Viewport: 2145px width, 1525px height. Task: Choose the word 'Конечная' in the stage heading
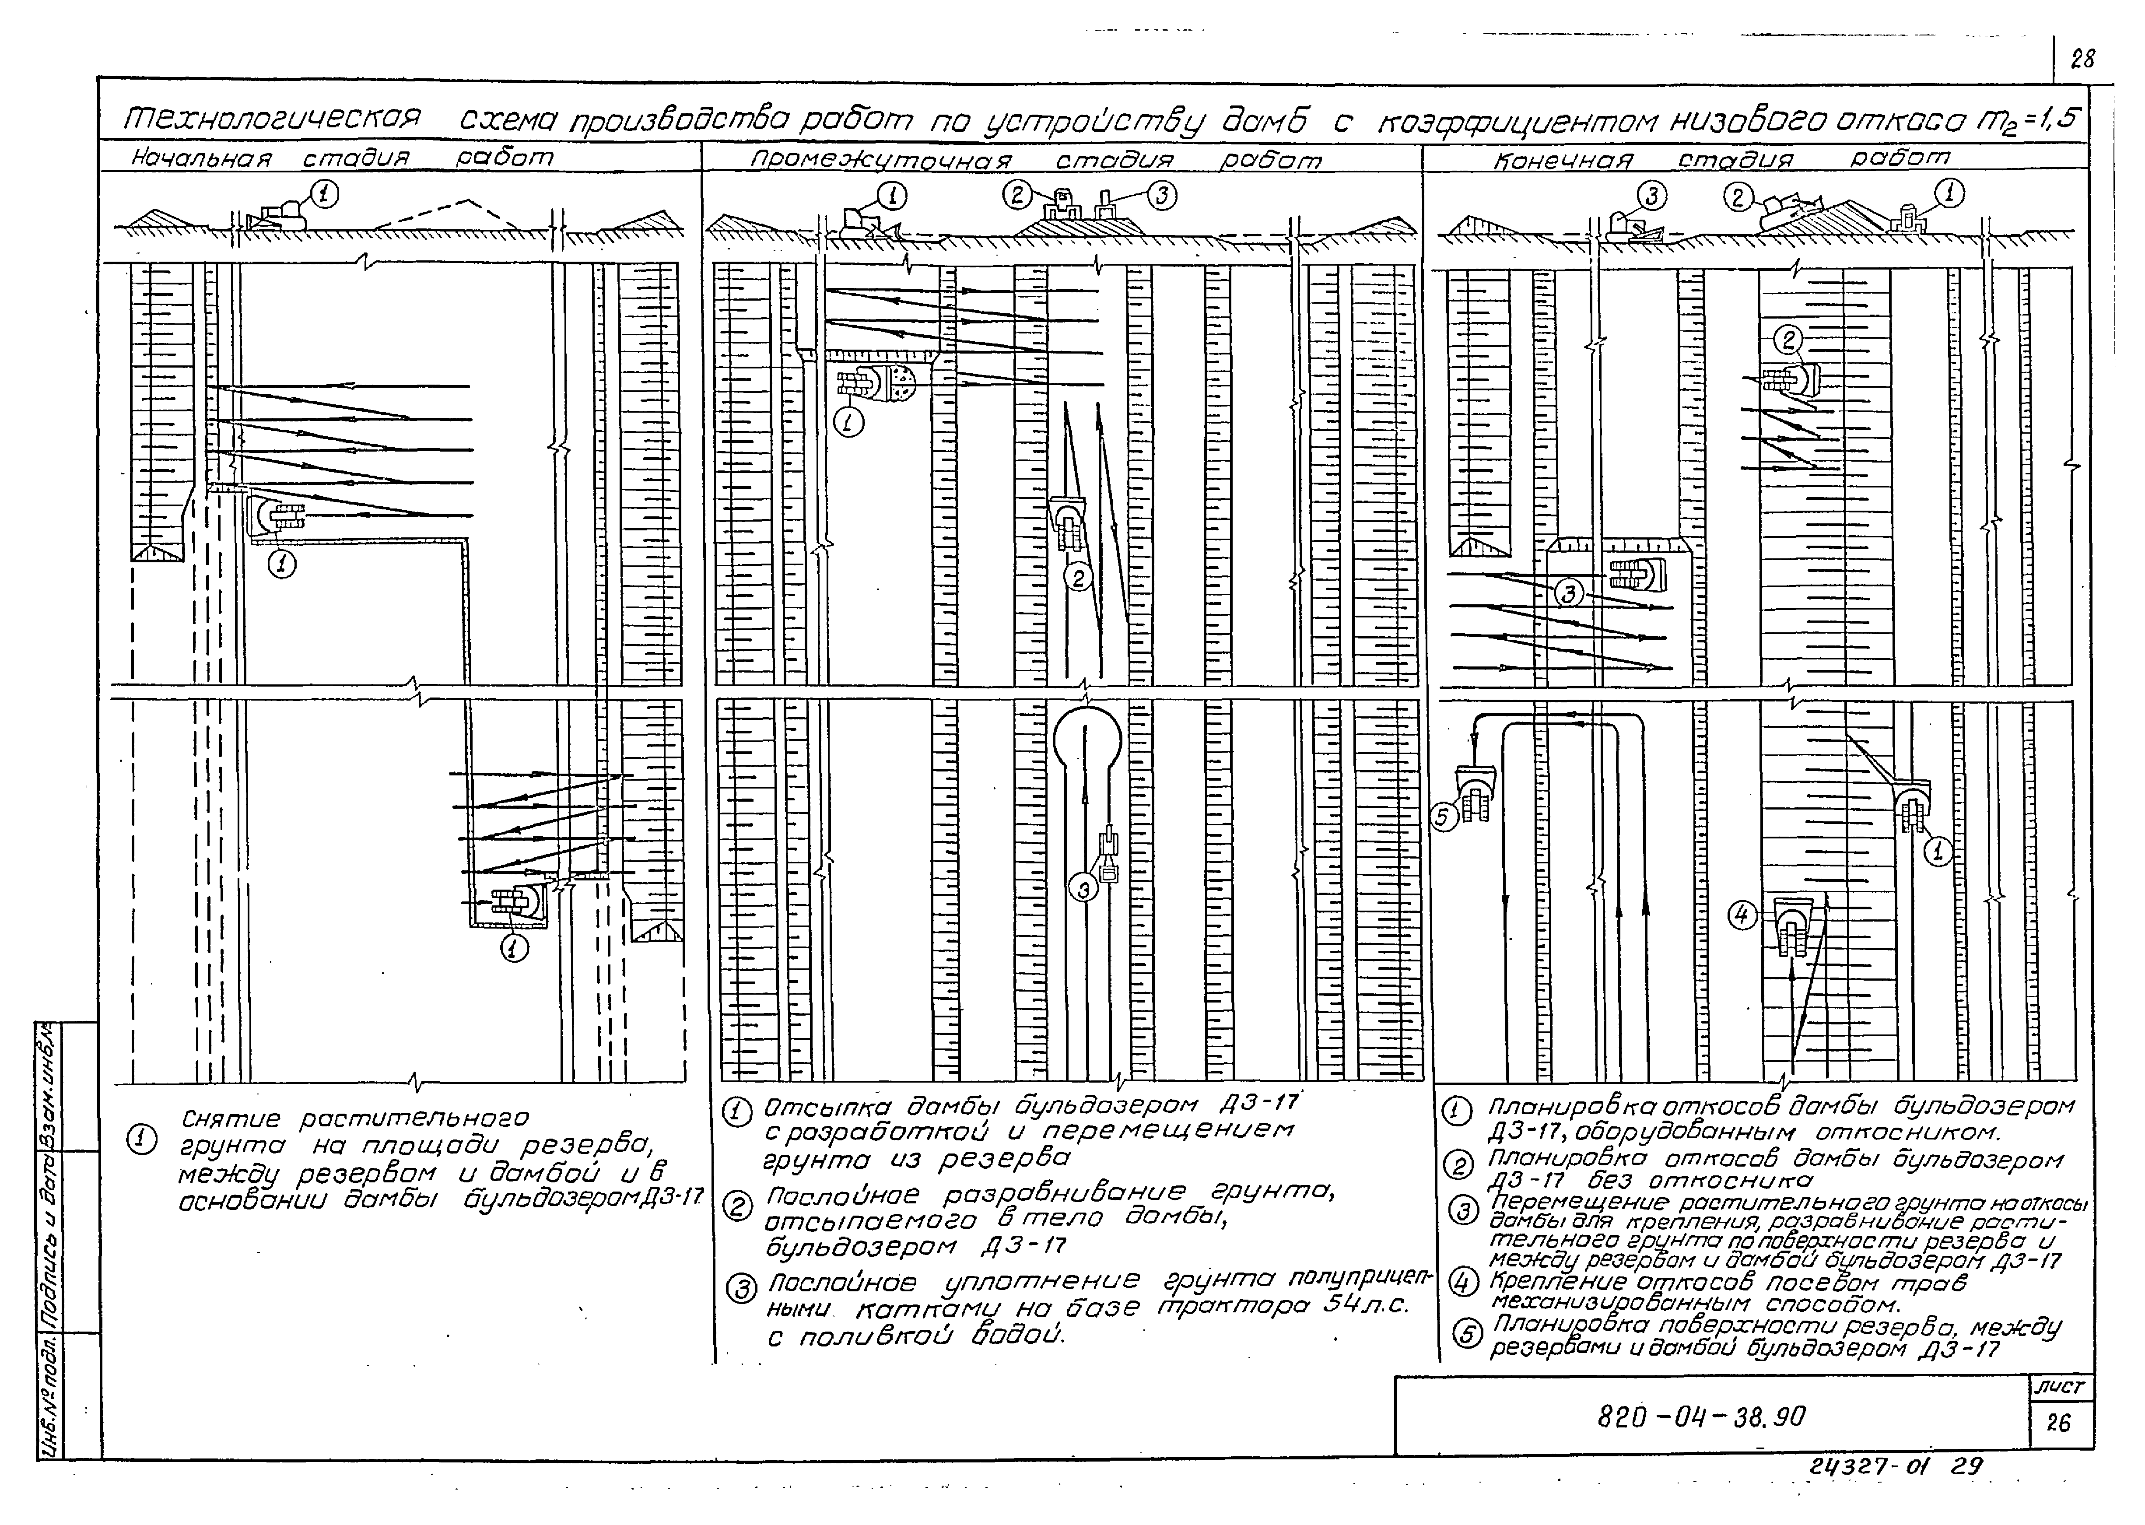coord(1563,160)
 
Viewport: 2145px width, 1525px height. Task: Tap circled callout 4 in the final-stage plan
coord(1742,915)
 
